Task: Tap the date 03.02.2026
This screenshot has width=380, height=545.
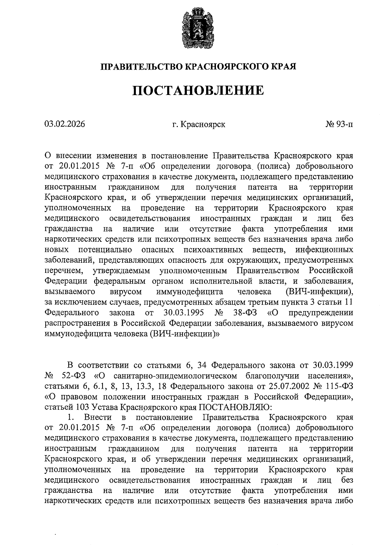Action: pyautogui.click(x=65, y=124)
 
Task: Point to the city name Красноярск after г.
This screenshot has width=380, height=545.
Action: pyautogui.click(x=203, y=124)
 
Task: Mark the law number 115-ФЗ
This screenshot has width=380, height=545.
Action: pyautogui.click(x=341, y=386)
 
